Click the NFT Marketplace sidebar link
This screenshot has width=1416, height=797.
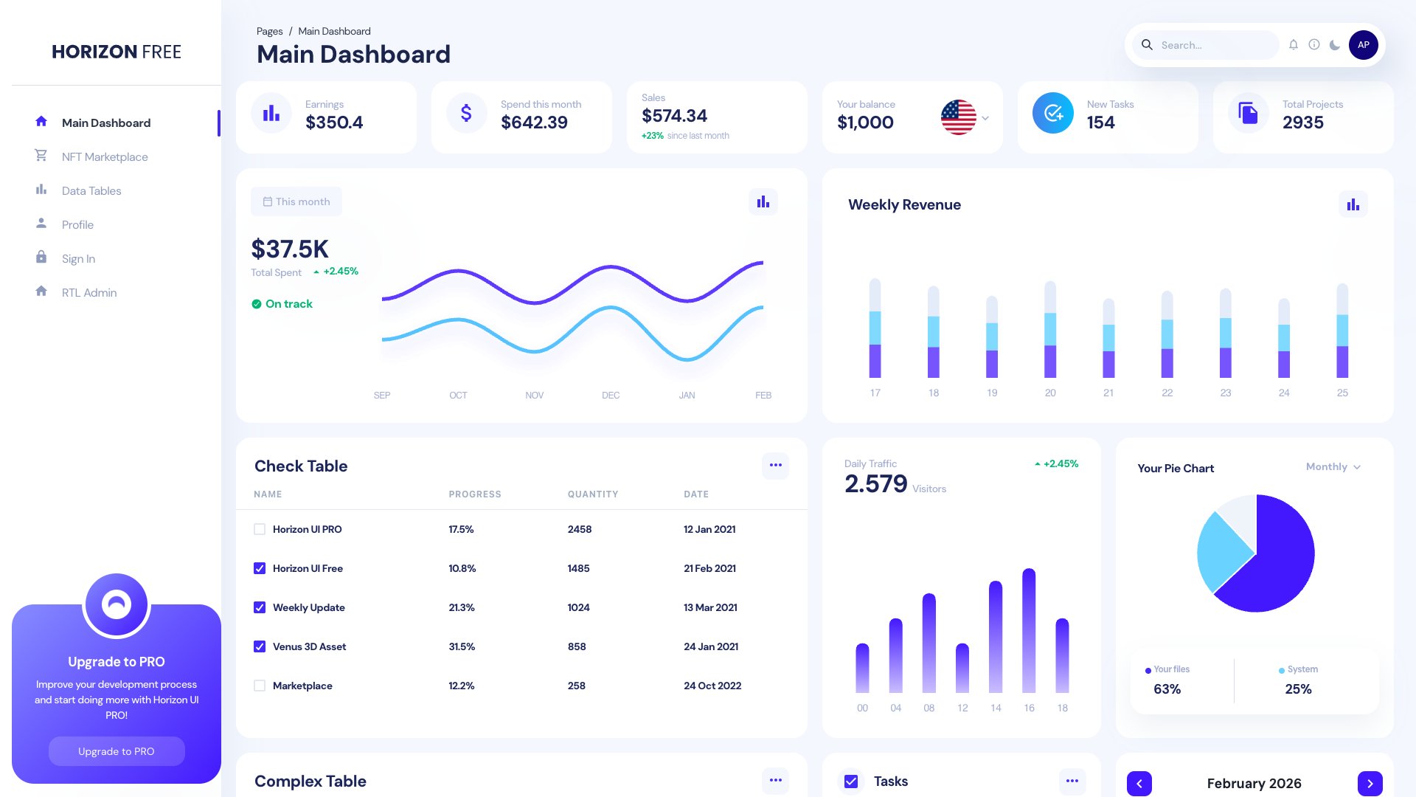pos(104,156)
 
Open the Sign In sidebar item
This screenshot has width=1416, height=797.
pos(78,258)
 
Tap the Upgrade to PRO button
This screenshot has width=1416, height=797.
pos(117,751)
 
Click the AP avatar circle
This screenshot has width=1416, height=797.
pos(1363,45)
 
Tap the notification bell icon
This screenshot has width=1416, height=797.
pos(1293,45)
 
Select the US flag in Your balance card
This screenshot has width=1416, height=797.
pos(958,117)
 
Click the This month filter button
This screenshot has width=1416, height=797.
pos(296,201)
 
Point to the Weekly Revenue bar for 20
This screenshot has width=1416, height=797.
pos(1050,329)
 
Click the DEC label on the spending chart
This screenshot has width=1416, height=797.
pos(610,396)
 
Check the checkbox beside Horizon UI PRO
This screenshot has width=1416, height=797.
pos(260,529)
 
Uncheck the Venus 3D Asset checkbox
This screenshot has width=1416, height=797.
pos(260,646)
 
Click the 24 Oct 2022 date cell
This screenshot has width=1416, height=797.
pos(712,686)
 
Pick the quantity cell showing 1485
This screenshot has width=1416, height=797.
pos(578,568)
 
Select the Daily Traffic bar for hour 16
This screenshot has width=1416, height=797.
pos(1029,631)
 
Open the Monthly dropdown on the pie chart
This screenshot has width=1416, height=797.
pos(1333,467)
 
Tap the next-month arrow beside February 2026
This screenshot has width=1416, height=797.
pos(1370,784)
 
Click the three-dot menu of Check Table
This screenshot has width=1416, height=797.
pos(775,465)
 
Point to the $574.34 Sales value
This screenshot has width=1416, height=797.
pos(674,116)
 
